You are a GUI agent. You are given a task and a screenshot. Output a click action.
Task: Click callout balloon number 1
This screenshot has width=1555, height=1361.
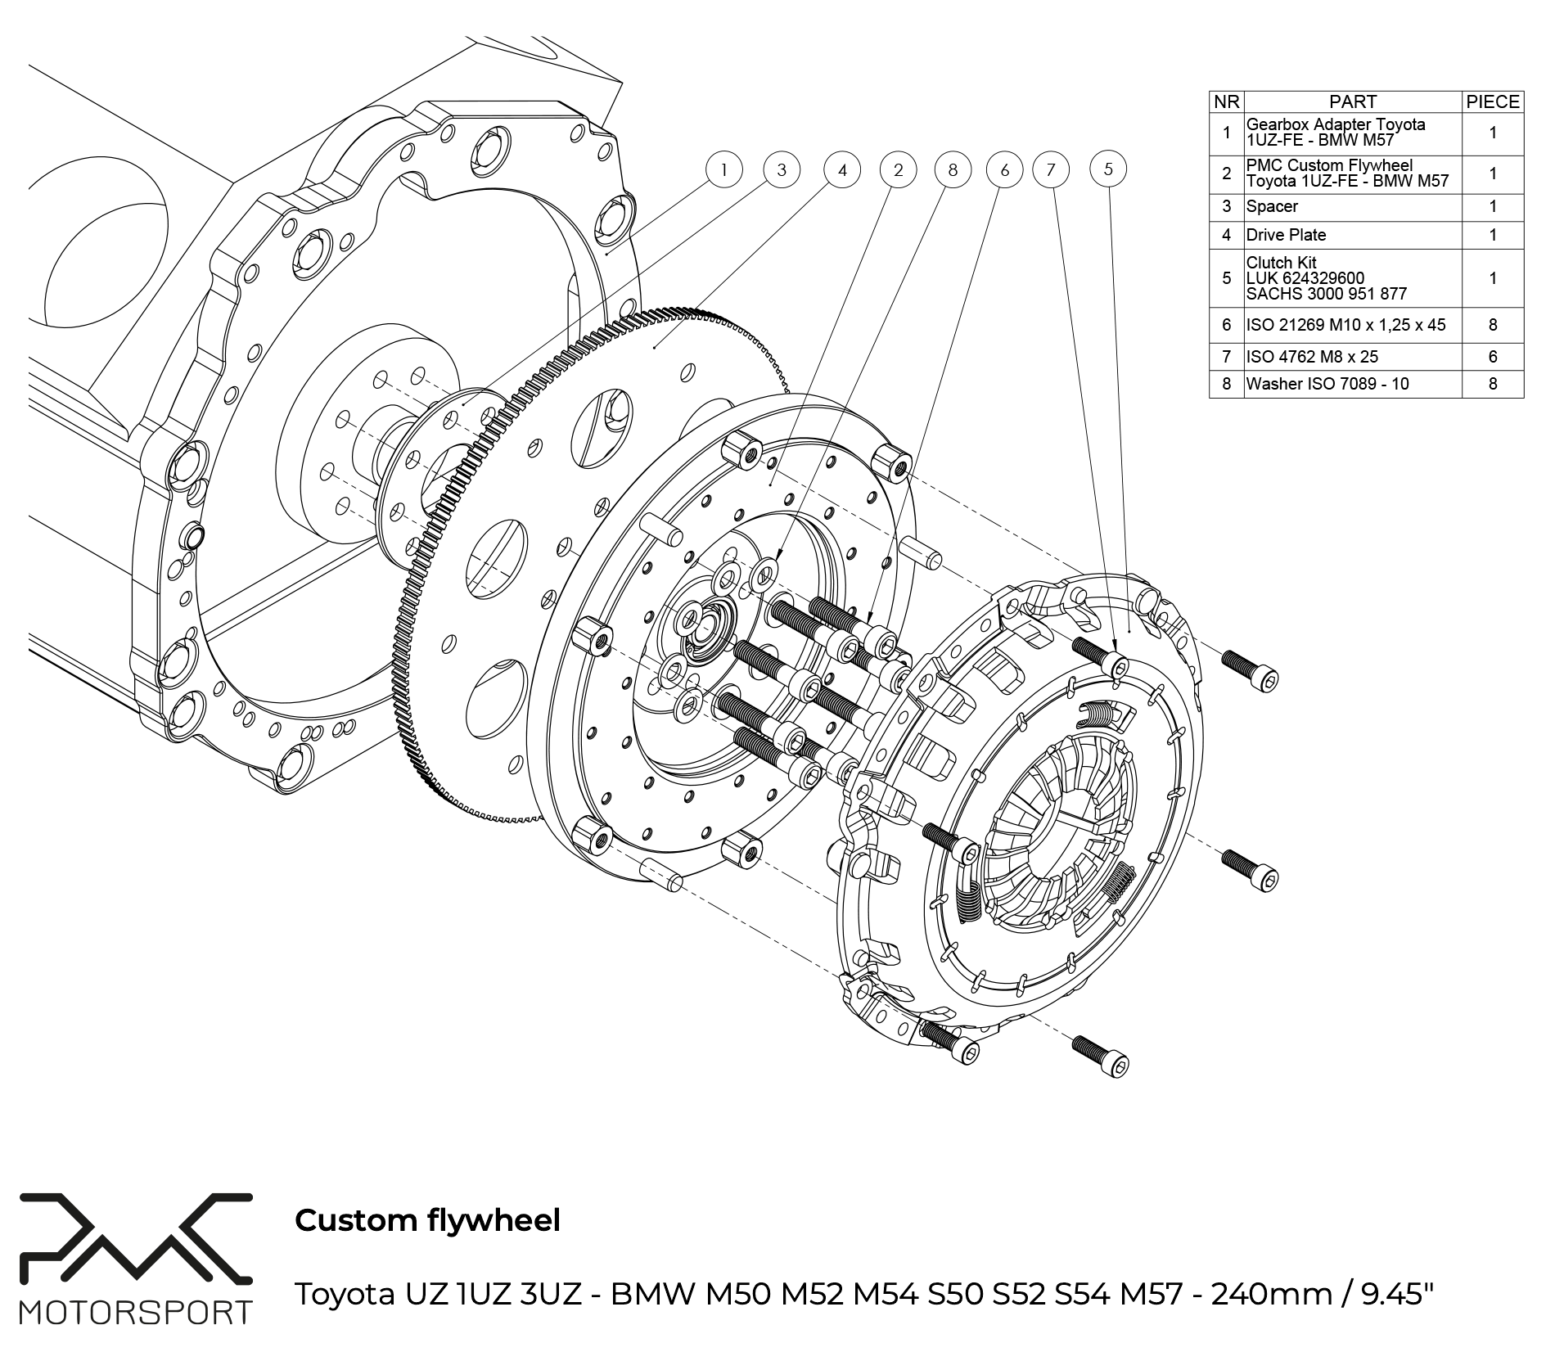(723, 170)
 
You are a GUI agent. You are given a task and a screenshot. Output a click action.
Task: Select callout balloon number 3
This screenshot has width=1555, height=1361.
(782, 170)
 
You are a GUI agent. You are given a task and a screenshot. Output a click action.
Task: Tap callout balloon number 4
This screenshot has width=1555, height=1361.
(842, 170)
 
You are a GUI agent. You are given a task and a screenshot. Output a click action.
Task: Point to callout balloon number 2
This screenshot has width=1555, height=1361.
(899, 170)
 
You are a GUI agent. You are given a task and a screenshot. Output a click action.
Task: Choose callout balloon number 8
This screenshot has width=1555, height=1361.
(952, 170)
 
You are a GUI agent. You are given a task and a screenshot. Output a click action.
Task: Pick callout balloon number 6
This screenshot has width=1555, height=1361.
(1005, 170)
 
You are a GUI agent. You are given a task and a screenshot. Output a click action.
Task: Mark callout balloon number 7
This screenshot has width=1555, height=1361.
(1051, 170)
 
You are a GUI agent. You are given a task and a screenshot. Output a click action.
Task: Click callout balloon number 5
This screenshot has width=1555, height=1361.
(1108, 169)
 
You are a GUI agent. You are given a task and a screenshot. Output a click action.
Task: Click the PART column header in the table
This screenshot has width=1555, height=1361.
(1352, 101)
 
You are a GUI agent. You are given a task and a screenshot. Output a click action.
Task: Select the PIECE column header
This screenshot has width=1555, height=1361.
(1493, 101)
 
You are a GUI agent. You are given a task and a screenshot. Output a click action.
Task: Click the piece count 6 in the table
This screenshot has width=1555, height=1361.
(1493, 356)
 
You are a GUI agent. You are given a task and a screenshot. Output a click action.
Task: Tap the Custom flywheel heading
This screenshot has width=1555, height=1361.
(427, 1220)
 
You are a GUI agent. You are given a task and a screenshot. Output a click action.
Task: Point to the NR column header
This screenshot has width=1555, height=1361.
(1226, 101)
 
